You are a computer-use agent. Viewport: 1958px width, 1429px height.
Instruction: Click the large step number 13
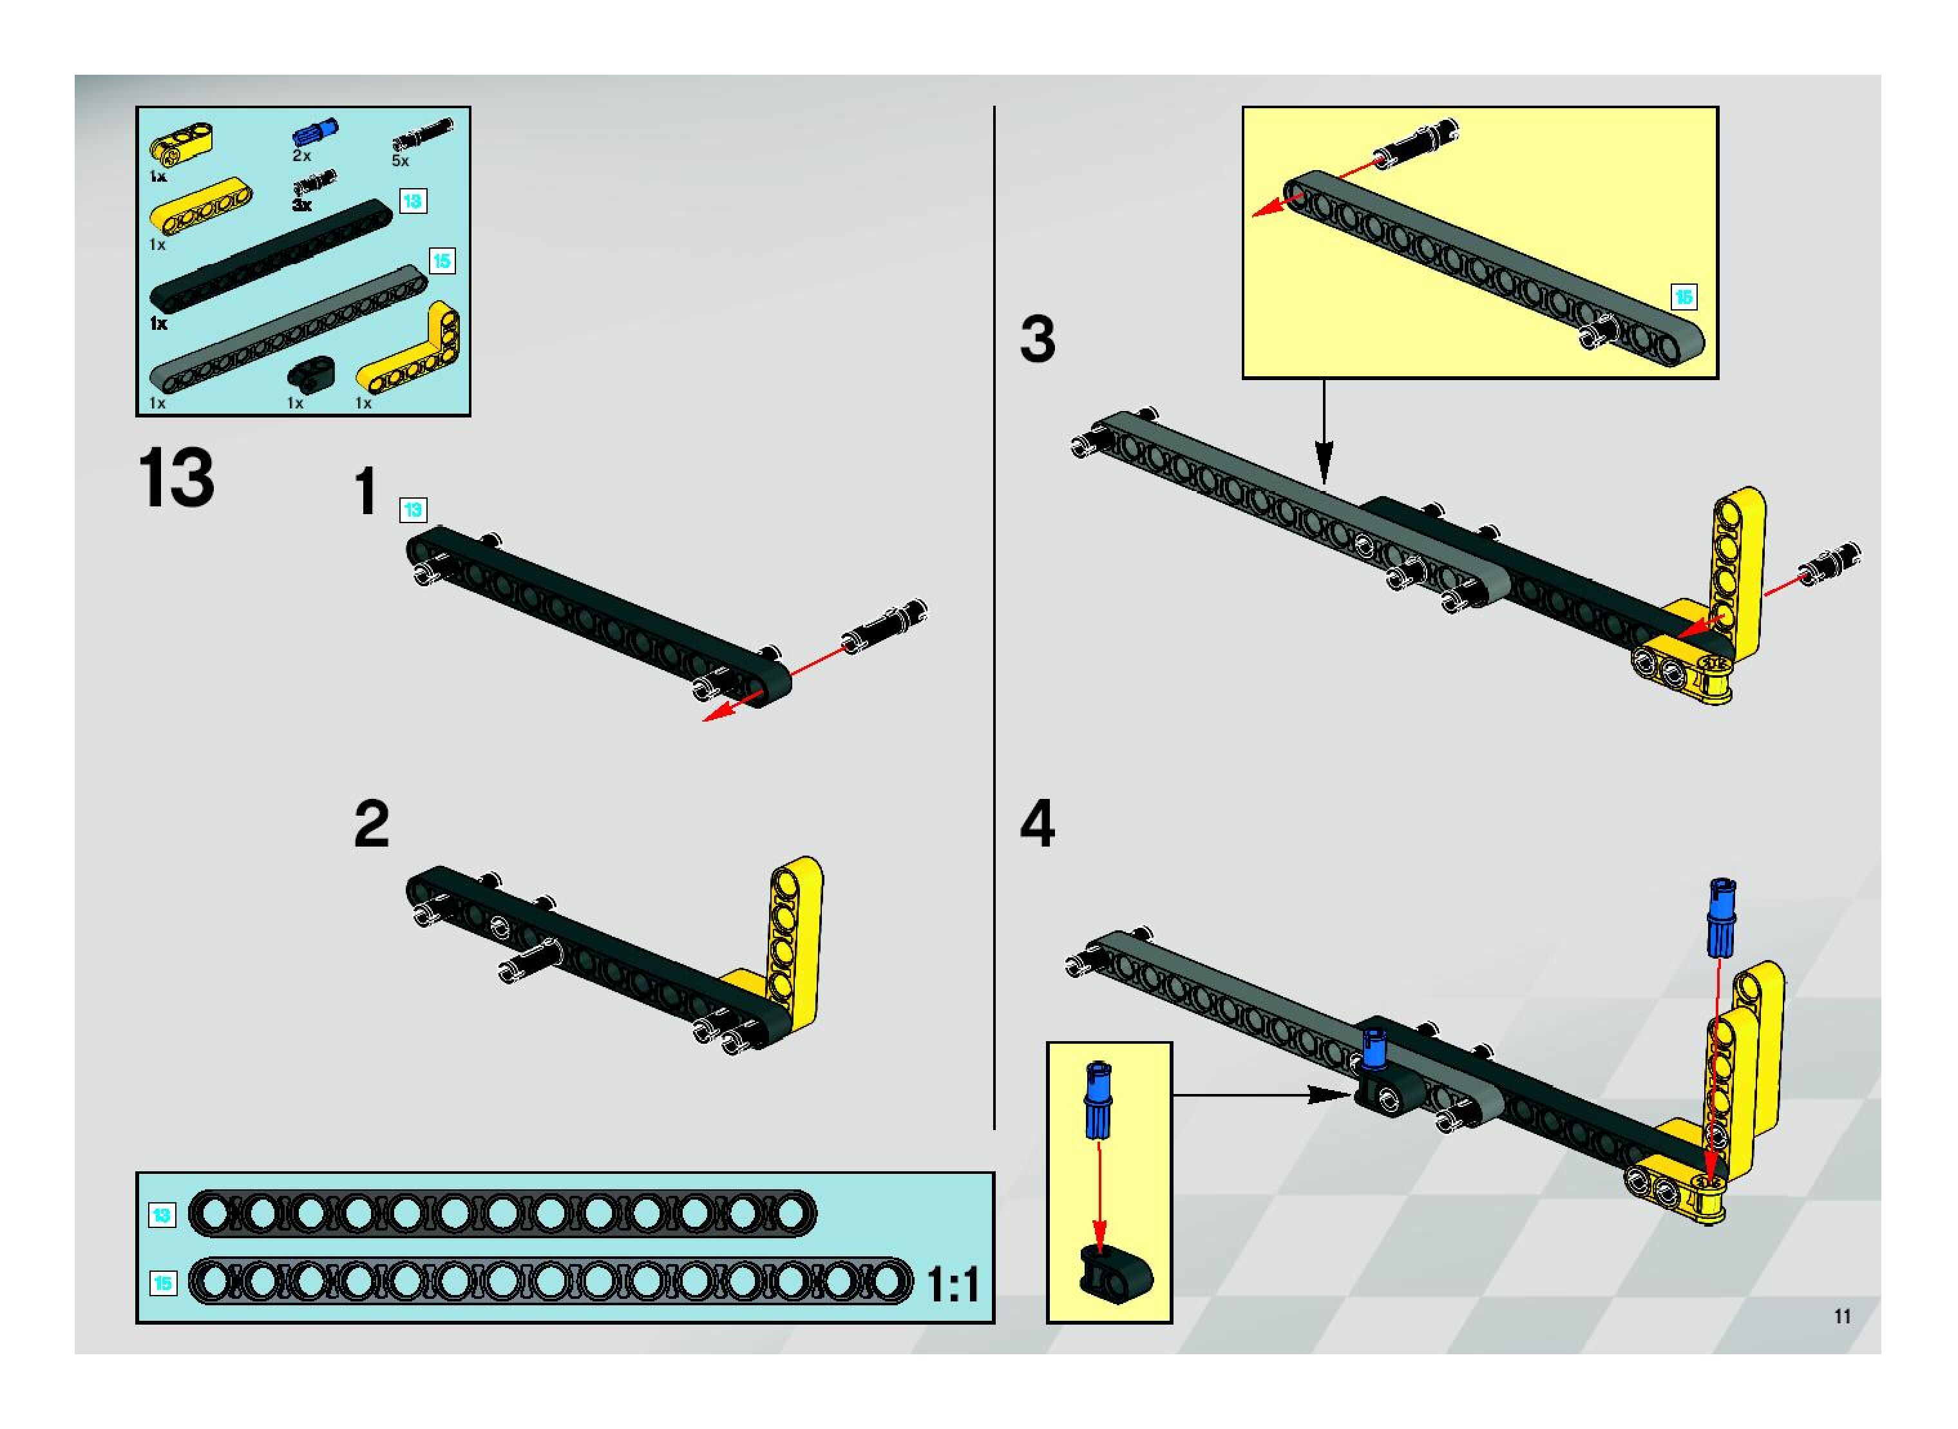pyautogui.click(x=176, y=478)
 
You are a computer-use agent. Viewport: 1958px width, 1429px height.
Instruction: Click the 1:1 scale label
pyautogui.click(x=953, y=1285)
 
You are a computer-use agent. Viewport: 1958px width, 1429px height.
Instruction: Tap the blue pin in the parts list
pyautogui.click(x=316, y=132)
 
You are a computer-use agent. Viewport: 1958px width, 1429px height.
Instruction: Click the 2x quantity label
pyautogui.click(x=301, y=156)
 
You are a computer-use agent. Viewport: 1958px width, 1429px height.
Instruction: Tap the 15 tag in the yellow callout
pyautogui.click(x=1682, y=297)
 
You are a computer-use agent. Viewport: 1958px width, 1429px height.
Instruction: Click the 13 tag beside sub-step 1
pyautogui.click(x=412, y=510)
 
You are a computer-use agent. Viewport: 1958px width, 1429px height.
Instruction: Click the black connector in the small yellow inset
pyautogui.click(x=1115, y=1273)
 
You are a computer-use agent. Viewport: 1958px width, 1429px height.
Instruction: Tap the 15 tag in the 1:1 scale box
pyautogui.click(x=162, y=1282)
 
